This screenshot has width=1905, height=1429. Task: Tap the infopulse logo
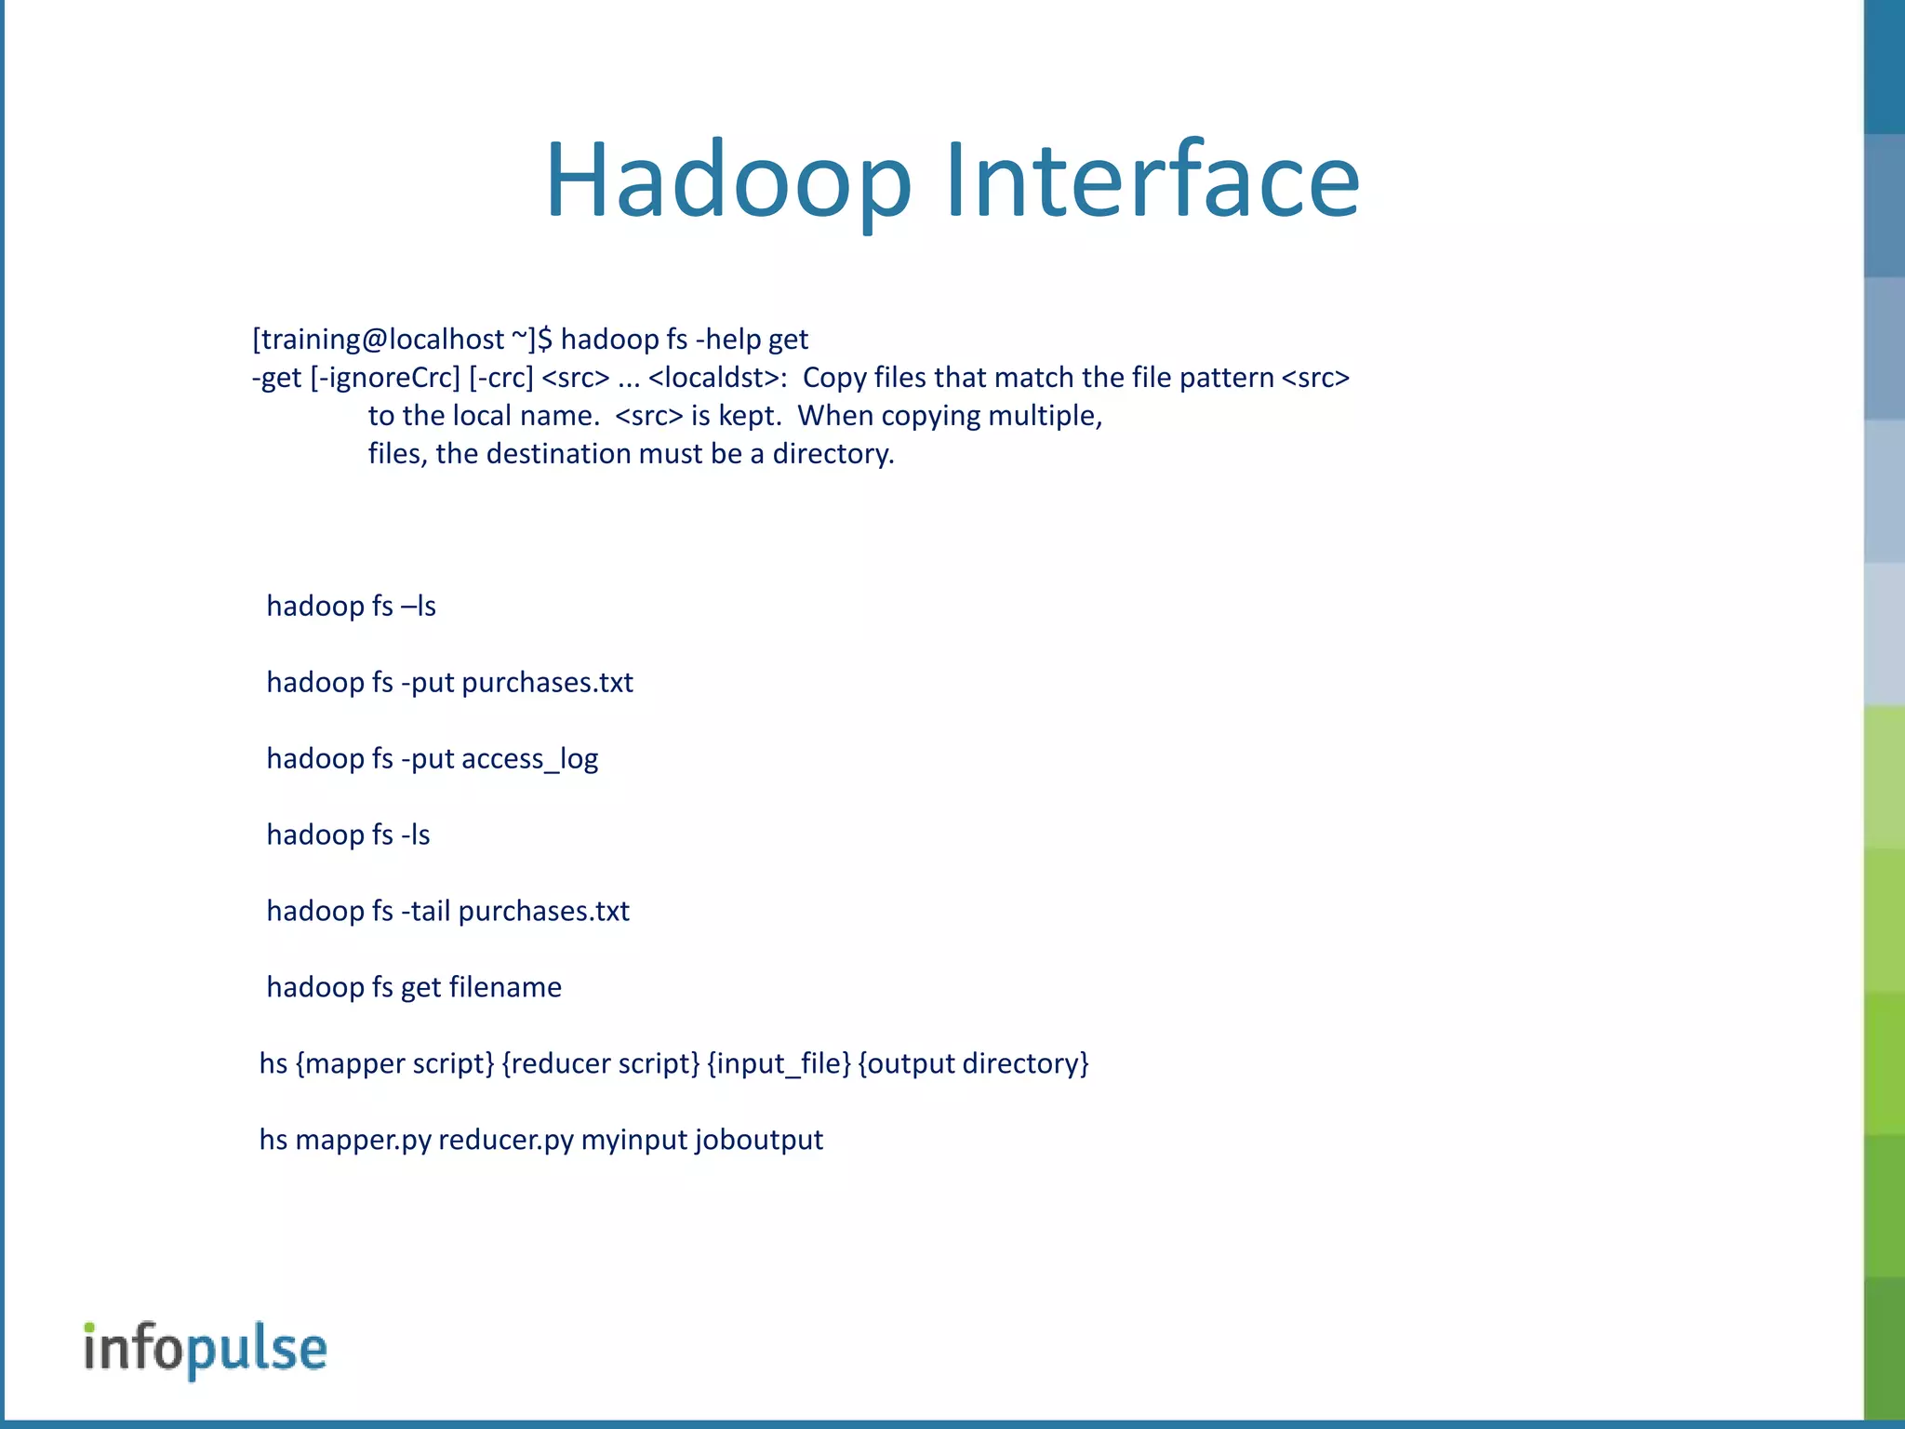click(206, 1348)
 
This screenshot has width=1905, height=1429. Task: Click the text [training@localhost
click(378, 340)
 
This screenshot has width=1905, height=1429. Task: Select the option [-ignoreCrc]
click(385, 378)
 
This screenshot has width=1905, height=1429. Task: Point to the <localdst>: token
click(717, 378)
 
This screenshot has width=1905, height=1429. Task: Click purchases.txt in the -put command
click(547, 683)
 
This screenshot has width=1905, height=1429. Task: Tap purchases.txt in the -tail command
click(543, 912)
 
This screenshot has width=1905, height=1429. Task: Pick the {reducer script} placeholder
click(600, 1063)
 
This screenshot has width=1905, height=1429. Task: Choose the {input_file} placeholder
click(779, 1063)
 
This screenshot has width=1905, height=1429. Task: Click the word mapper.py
click(363, 1141)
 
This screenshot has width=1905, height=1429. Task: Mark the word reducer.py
click(506, 1141)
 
